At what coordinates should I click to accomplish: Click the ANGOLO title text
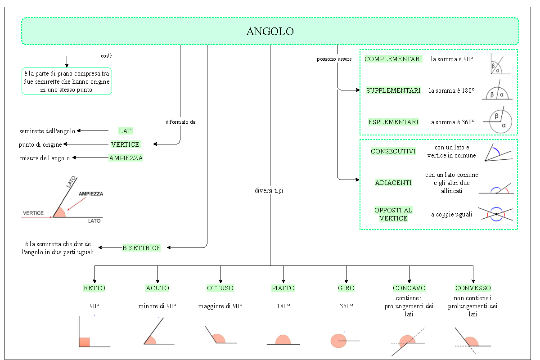pyautogui.click(x=270, y=31)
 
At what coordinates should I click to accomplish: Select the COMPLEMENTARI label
pyautogui.click(x=393, y=59)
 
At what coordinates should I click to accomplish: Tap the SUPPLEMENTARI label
pyautogui.click(x=393, y=90)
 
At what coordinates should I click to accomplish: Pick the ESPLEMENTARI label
pyautogui.click(x=393, y=122)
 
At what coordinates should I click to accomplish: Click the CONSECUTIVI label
pyautogui.click(x=393, y=151)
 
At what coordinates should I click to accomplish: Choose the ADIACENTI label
pyautogui.click(x=393, y=183)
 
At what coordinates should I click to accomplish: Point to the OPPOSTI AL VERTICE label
pyautogui.click(x=393, y=214)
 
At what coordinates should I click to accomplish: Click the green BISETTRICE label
pyautogui.click(x=141, y=248)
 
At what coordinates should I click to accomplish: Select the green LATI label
pyautogui.click(x=126, y=131)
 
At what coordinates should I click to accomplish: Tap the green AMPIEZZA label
pyautogui.click(x=126, y=158)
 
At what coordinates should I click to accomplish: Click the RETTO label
pyautogui.click(x=94, y=288)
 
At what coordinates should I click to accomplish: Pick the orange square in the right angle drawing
pyautogui.click(x=85, y=342)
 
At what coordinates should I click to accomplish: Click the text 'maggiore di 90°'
pyautogui.click(x=220, y=306)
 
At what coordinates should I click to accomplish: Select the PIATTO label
pyautogui.click(x=283, y=288)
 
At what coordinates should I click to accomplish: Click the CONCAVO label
pyautogui.click(x=409, y=288)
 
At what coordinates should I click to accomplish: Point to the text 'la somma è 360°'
pyautogui.click(x=452, y=122)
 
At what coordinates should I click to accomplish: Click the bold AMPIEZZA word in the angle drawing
pyautogui.click(x=91, y=194)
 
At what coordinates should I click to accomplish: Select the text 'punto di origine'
pyautogui.click(x=40, y=144)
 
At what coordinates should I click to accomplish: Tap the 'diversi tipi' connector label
pyautogui.click(x=269, y=190)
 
